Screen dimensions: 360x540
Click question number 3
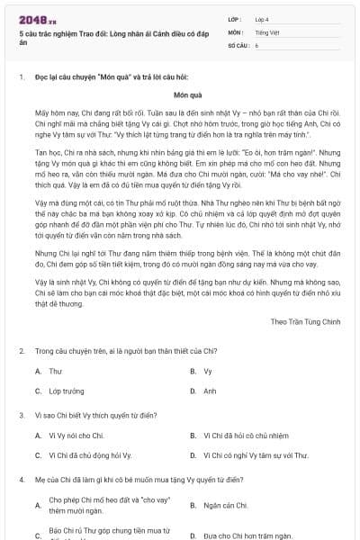tap(21, 415)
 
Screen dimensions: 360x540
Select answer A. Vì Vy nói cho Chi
tap(76, 436)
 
